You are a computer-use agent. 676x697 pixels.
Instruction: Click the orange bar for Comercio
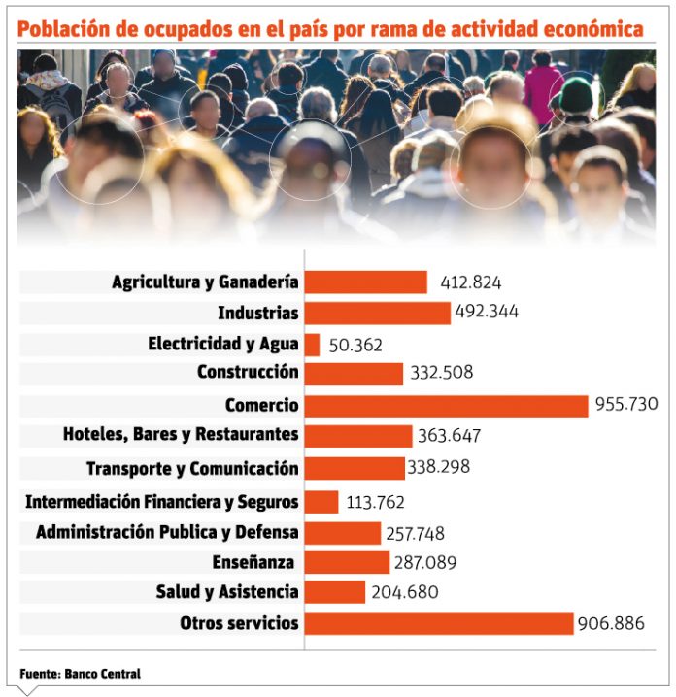click(x=446, y=405)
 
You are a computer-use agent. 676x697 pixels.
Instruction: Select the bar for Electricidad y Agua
click(x=312, y=344)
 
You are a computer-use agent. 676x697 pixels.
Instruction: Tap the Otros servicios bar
click(x=439, y=623)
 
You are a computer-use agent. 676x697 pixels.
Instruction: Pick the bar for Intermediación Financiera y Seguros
click(x=321, y=502)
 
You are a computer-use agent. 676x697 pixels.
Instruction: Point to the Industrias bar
click(x=378, y=313)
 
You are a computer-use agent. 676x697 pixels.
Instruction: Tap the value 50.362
click(x=355, y=345)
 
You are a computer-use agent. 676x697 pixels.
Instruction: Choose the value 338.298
click(x=438, y=467)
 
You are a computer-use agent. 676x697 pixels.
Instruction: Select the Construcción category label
click(x=248, y=372)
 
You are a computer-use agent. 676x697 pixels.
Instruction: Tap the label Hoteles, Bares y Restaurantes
click(x=181, y=434)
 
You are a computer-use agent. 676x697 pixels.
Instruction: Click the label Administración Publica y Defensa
click(x=167, y=532)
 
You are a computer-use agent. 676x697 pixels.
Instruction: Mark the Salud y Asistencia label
click(x=227, y=591)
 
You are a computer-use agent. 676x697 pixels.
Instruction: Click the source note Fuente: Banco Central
click(x=80, y=674)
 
